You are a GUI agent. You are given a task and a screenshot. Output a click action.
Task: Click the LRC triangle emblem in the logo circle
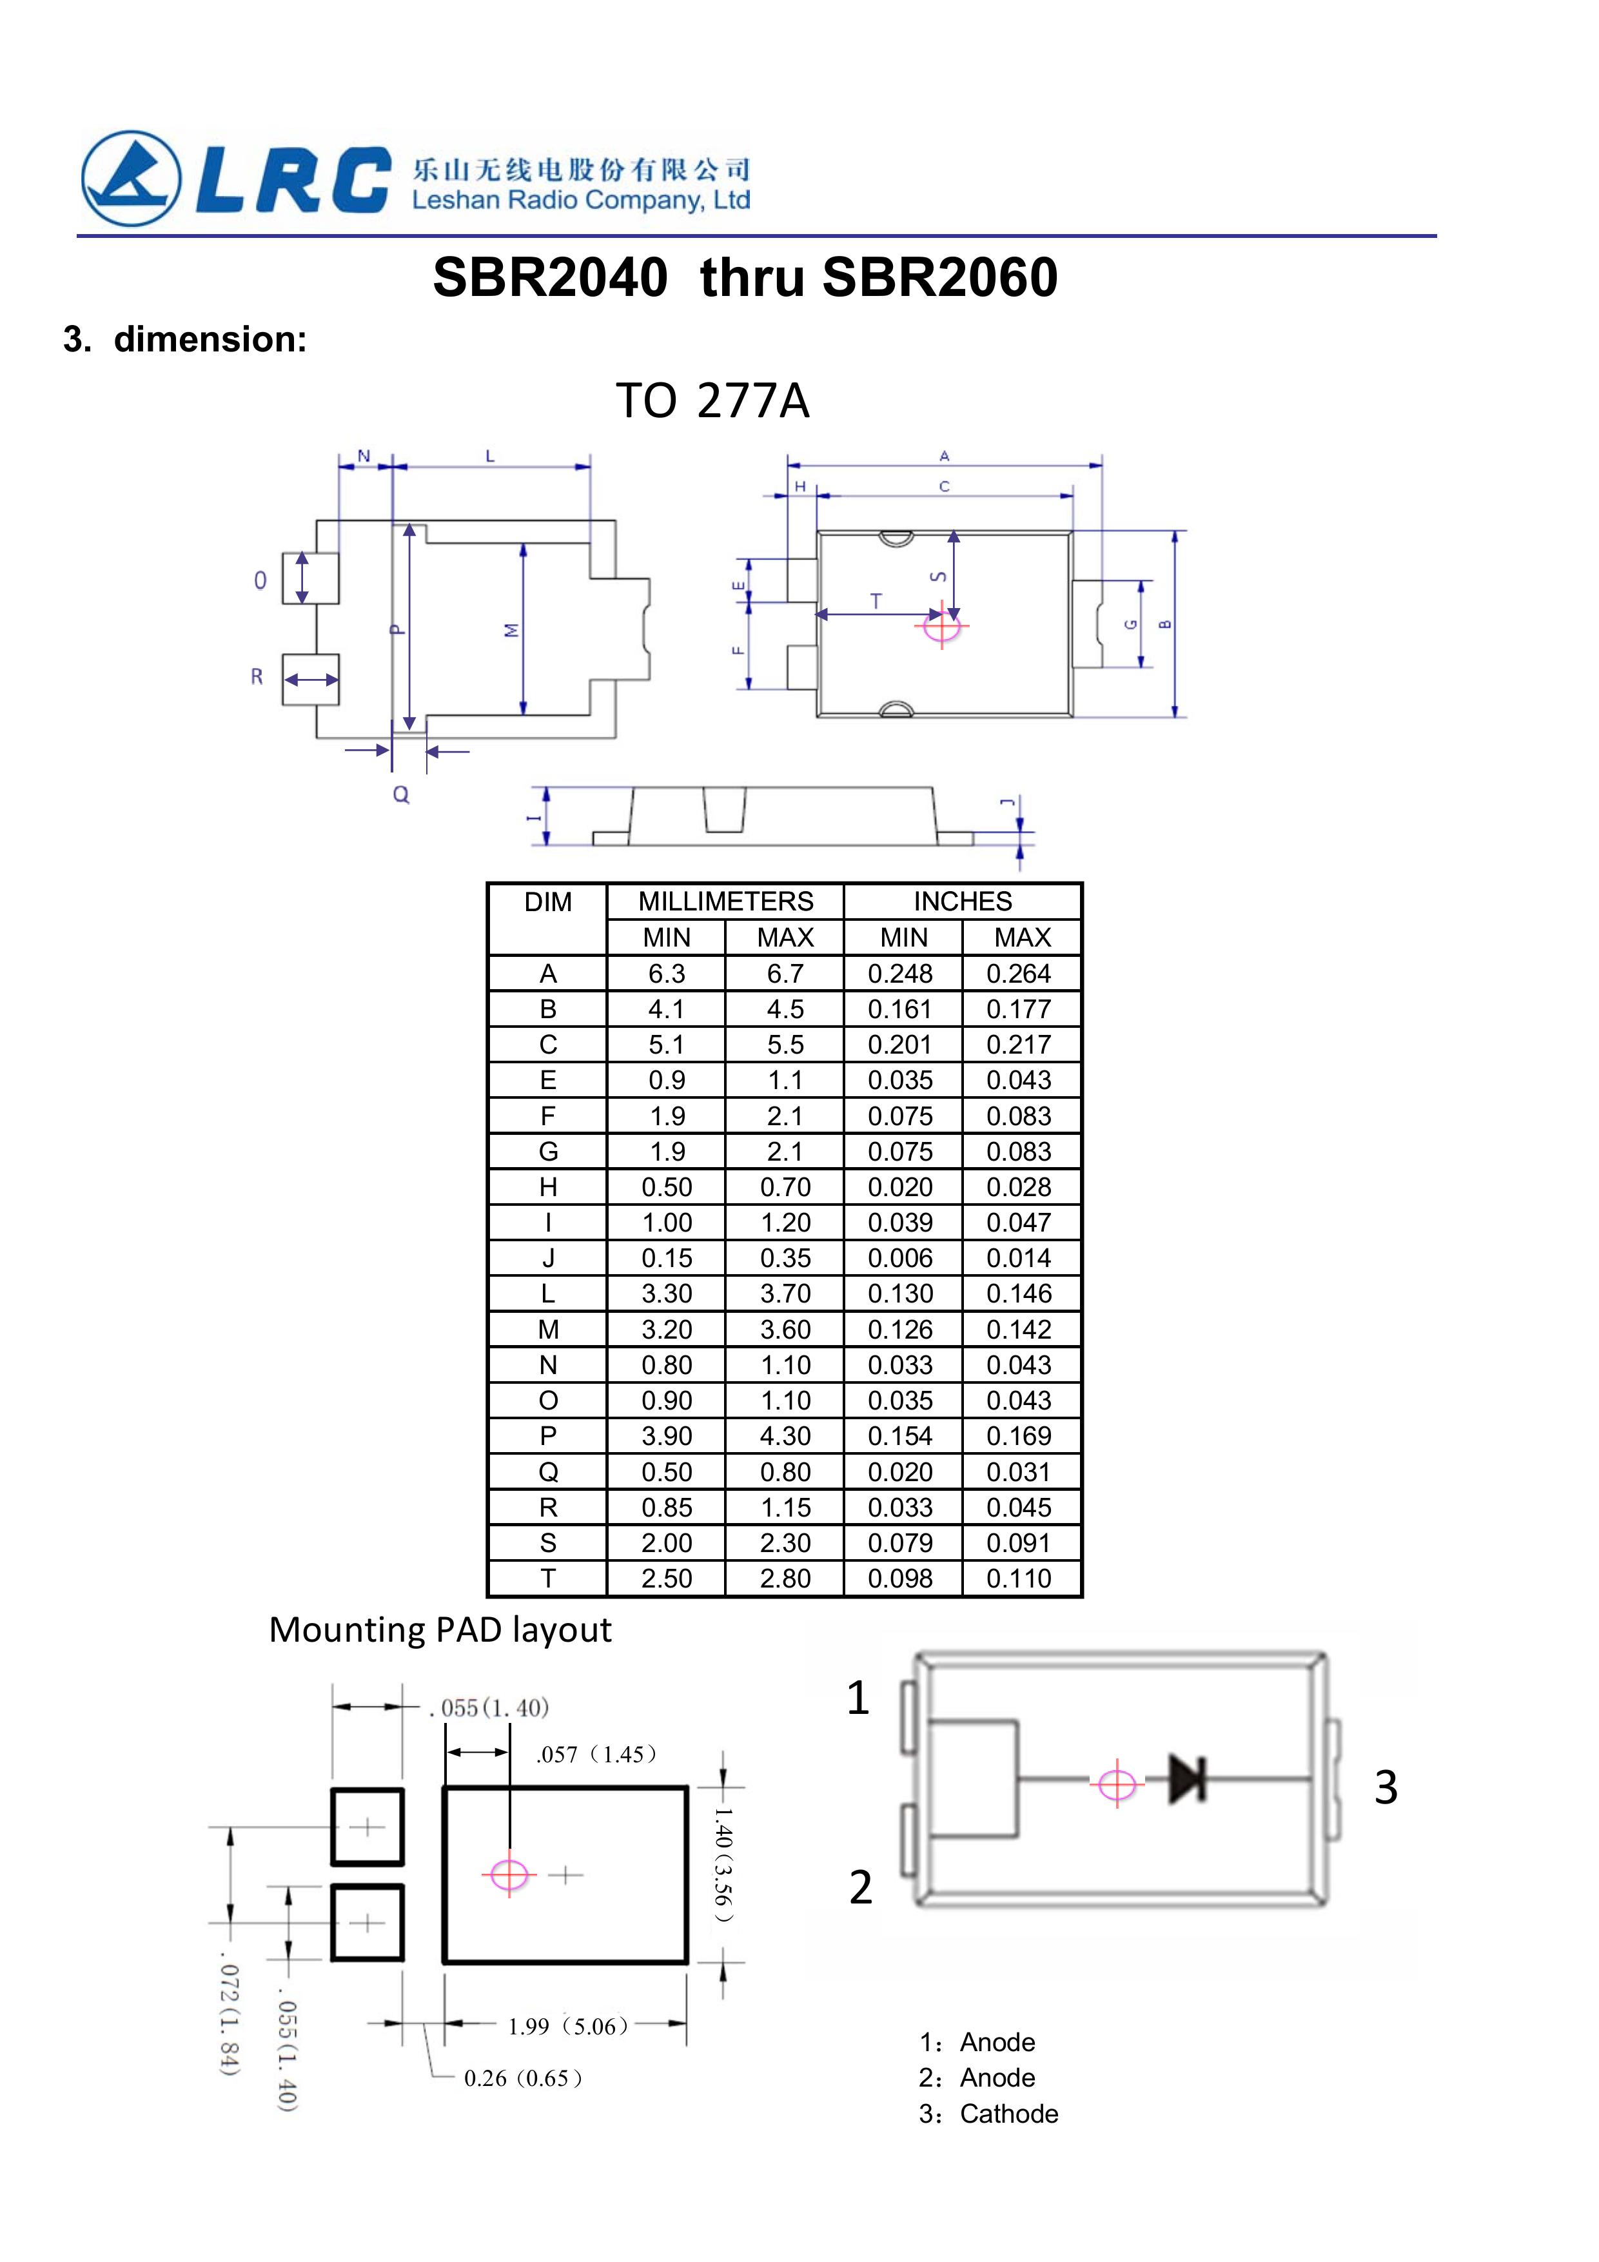tap(130, 179)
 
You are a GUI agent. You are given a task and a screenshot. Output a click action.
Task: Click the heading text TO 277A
tap(712, 401)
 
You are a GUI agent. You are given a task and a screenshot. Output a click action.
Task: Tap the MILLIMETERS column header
tap(725, 901)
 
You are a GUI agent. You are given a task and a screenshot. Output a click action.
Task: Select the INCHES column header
tap(963, 901)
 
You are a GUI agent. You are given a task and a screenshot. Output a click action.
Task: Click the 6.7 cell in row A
tap(785, 974)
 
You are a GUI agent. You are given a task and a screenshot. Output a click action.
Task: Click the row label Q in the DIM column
tap(548, 1472)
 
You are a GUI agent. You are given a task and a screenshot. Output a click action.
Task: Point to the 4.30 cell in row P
tap(785, 1437)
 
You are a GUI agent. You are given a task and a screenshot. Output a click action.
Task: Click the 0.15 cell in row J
tap(667, 1258)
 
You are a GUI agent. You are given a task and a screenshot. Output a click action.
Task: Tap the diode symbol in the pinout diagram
tap(1186, 1779)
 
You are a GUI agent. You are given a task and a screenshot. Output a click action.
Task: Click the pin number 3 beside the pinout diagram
tap(1385, 1787)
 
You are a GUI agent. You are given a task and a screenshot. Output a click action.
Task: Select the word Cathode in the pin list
tap(1009, 2114)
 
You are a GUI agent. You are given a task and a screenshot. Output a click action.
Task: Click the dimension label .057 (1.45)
tap(596, 1755)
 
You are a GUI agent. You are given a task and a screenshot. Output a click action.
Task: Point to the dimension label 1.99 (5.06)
tap(569, 2025)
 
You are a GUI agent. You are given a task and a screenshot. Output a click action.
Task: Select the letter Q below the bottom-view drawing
tap(401, 794)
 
